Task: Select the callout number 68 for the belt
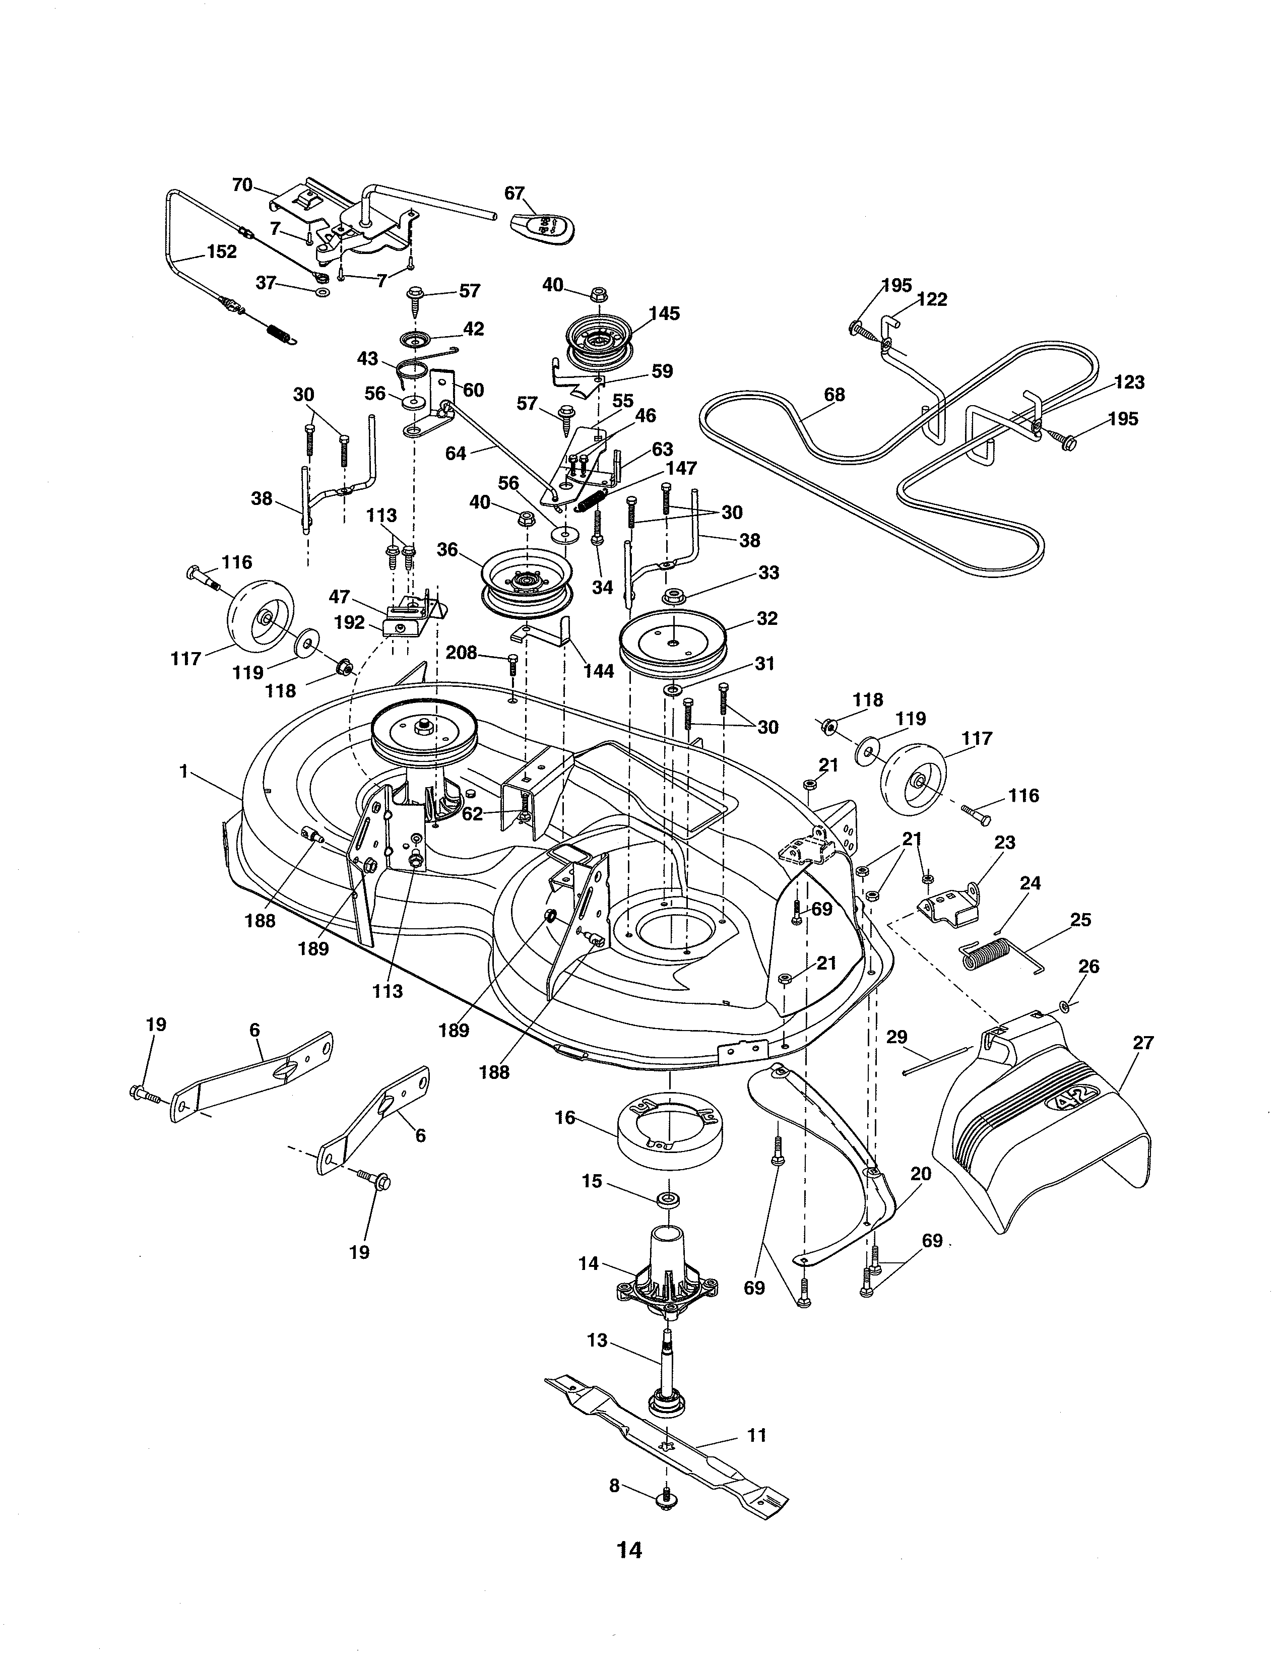[x=834, y=395]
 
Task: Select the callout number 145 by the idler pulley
[x=664, y=314]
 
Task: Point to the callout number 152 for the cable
[x=222, y=251]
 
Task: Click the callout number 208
[x=461, y=653]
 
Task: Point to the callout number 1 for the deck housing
[x=183, y=772]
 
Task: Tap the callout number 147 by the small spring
[x=681, y=468]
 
